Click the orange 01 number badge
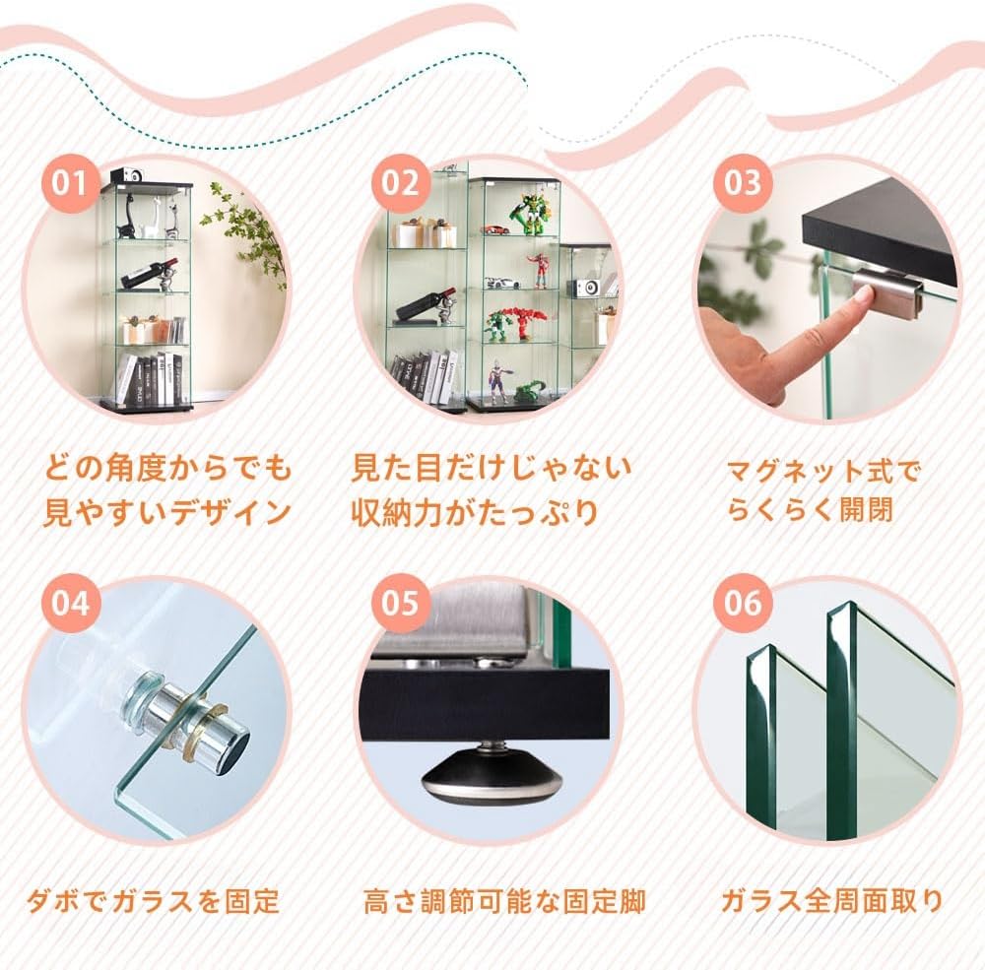tap(71, 183)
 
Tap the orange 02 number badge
tap(400, 183)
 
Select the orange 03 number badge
tap(743, 183)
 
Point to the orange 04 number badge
tap(71, 603)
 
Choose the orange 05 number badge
tap(400, 603)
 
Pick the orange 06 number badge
tap(743, 603)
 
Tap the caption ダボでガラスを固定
tap(153, 901)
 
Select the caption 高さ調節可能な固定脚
tap(504, 901)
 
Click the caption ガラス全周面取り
tap(831, 901)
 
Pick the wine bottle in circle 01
tap(149, 271)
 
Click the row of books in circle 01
tap(151, 379)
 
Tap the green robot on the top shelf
tap(527, 214)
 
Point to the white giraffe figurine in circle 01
tap(152, 217)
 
